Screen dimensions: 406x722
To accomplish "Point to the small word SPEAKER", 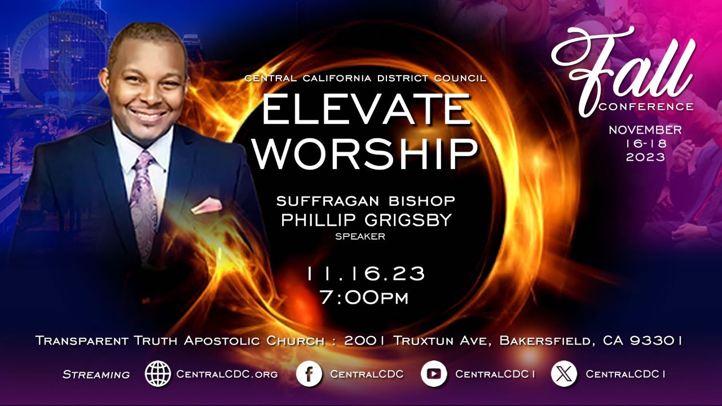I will [360, 237].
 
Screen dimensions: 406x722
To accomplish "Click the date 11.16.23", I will [366, 274].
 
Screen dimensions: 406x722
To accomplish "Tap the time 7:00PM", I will [364, 297].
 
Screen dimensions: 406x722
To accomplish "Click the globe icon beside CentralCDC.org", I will [158, 373].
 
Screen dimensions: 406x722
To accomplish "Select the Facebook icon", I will [309, 373].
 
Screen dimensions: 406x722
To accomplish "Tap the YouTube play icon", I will [434, 373].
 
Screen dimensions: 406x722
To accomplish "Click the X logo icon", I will [564, 373].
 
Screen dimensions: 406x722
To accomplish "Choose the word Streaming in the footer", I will [96, 374].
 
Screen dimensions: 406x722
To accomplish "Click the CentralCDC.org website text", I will [227, 374].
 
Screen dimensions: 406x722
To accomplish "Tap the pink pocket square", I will [206, 205].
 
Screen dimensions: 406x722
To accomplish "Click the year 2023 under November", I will [645, 158].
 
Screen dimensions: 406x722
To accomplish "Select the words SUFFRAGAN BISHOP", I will [366, 201].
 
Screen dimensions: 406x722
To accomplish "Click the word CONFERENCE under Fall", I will [646, 107].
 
